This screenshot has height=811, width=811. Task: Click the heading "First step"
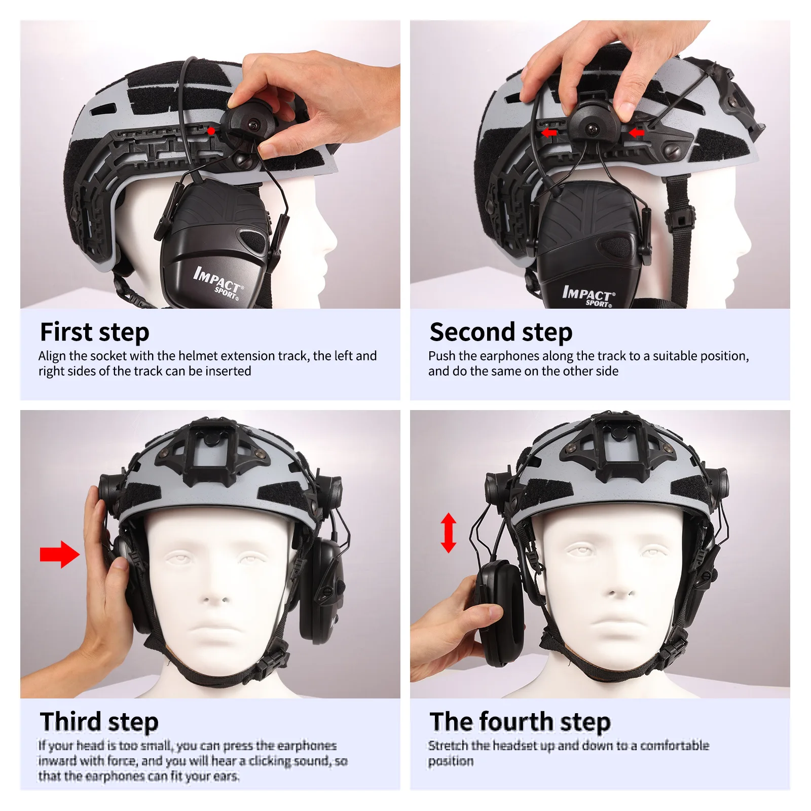tap(95, 333)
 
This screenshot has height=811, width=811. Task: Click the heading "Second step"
tap(501, 333)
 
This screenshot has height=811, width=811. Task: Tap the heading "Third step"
tap(99, 722)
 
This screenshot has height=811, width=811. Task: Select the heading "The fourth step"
tap(520, 722)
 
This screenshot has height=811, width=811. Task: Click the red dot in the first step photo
tap(211, 131)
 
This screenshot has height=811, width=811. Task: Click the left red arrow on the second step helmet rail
tap(548, 133)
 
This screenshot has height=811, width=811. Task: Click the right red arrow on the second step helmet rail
tap(637, 133)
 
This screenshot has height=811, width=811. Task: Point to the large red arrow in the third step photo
tap(59, 555)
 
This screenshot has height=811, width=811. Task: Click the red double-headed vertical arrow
tap(448, 533)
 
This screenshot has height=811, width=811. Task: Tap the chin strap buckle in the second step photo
tap(680, 218)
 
